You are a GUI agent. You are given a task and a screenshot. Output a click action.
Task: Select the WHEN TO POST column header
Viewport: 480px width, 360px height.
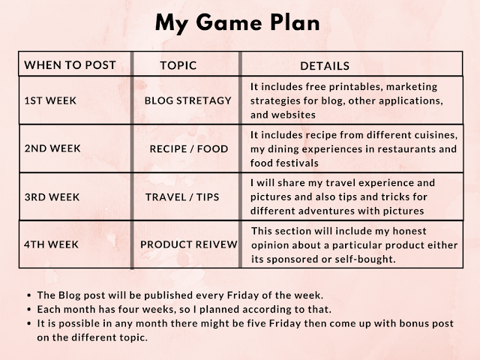coord(70,65)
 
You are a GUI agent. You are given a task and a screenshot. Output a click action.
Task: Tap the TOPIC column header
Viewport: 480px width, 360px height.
coord(178,65)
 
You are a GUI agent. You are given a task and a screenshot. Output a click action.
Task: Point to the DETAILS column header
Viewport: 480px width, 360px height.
coord(325,66)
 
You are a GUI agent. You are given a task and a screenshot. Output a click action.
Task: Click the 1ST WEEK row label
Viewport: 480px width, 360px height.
coord(51,100)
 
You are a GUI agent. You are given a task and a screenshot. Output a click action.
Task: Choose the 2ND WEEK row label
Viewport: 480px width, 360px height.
coord(52,148)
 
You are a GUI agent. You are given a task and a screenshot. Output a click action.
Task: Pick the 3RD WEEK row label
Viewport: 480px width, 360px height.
coord(52,196)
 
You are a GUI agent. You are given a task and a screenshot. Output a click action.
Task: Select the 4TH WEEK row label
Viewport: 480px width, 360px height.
coord(52,244)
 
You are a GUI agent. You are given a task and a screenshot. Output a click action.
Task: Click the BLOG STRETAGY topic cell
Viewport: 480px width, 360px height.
coord(187,100)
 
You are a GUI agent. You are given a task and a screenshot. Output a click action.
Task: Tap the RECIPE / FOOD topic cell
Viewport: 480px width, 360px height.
coord(189,148)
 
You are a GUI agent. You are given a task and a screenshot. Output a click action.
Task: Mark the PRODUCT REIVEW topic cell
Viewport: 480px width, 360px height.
coord(189,244)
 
